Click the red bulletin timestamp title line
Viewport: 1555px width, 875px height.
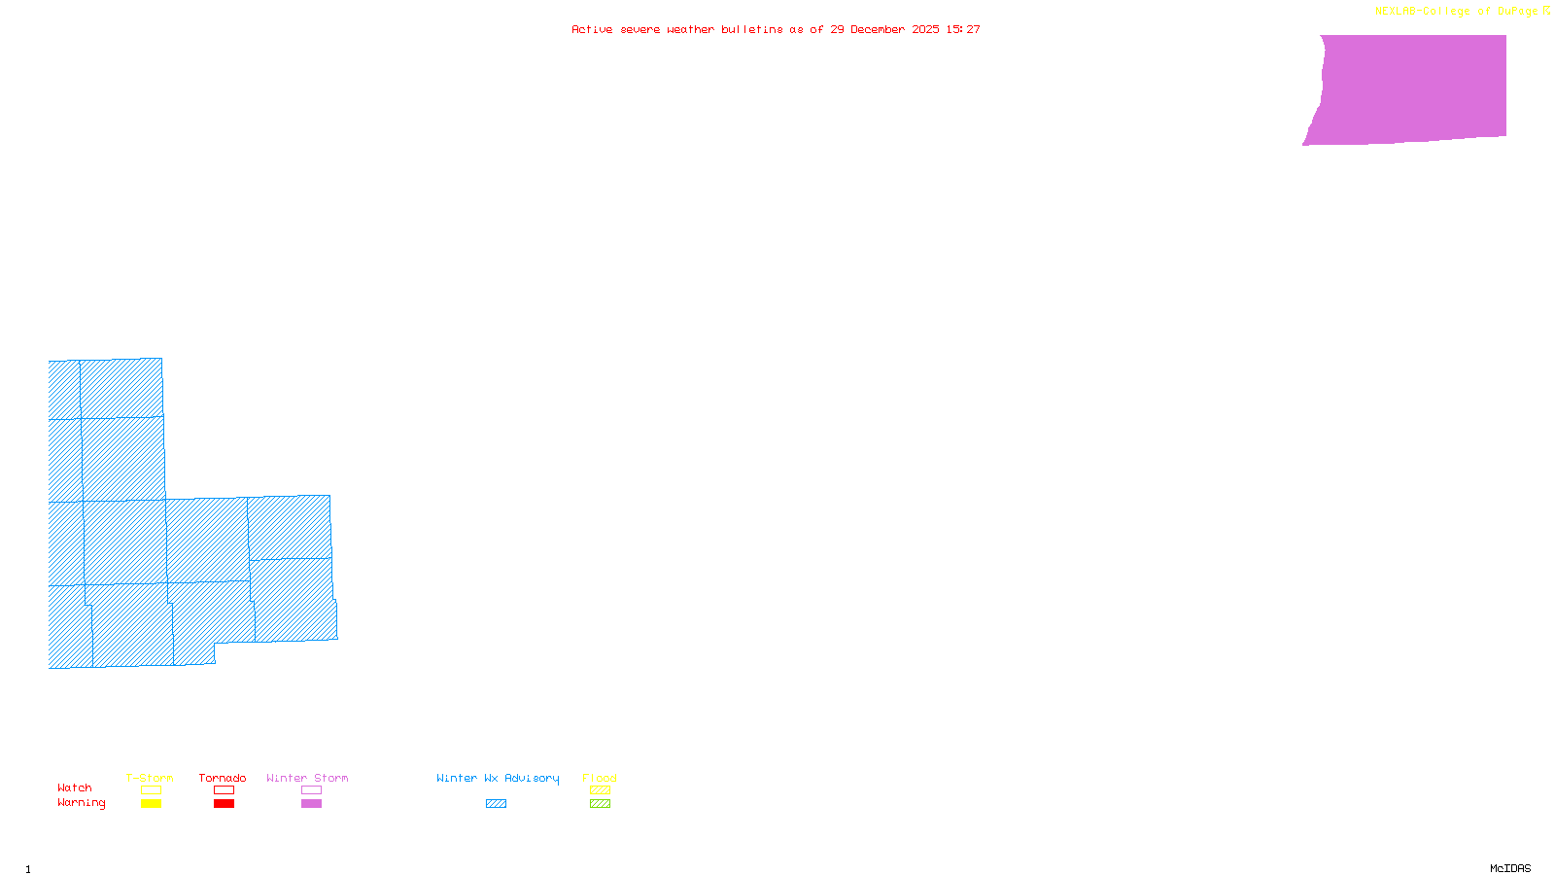(x=776, y=30)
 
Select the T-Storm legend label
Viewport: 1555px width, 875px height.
(x=150, y=778)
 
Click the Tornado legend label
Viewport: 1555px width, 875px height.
(x=223, y=778)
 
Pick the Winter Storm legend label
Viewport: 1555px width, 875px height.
(x=307, y=778)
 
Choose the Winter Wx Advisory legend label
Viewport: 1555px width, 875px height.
(x=498, y=778)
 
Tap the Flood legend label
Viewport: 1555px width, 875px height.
(x=600, y=778)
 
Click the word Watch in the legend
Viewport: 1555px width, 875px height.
(x=75, y=788)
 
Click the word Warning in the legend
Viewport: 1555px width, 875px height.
(x=82, y=803)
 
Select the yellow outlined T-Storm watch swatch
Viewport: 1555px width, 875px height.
(x=151, y=790)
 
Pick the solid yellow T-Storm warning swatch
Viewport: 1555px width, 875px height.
(x=151, y=804)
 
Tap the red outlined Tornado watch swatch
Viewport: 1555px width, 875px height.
(x=224, y=790)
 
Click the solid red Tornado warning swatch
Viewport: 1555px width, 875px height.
(x=224, y=804)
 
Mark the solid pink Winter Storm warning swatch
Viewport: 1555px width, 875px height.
(x=311, y=804)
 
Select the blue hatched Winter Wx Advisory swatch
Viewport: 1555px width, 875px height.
(x=496, y=804)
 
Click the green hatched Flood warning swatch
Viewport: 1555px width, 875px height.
(x=600, y=804)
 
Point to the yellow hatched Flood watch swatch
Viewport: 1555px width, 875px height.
(x=600, y=790)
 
